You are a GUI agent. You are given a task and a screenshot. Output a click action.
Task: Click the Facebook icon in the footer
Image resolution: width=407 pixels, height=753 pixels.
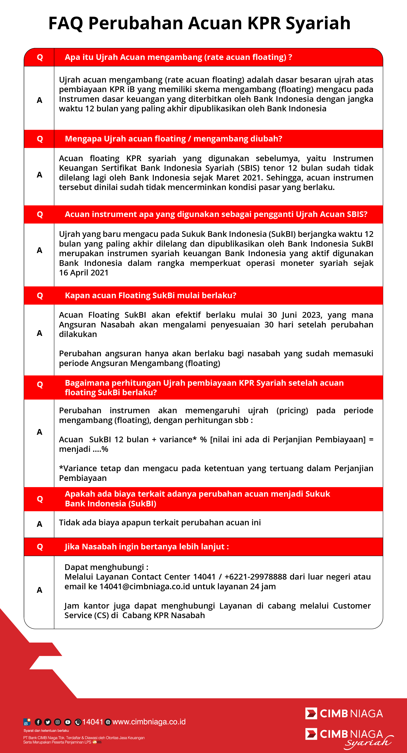click(x=38, y=722)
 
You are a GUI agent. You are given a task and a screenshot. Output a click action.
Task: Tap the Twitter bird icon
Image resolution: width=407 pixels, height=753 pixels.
click(x=48, y=722)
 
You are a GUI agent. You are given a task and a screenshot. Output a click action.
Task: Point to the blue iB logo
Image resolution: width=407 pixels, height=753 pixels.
click(x=27, y=722)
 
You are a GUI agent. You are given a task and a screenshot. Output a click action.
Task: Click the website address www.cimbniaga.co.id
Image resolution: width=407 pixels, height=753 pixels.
click(x=149, y=722)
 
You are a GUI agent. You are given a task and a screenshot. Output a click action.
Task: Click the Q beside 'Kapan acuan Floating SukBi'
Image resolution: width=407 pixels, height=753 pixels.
click(x=40, y=295)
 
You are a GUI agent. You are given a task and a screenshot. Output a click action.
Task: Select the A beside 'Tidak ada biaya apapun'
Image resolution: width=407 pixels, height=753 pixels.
click(x=39, y=524)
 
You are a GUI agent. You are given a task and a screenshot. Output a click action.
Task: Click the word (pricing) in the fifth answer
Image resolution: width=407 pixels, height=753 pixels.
click(x=292, y=410)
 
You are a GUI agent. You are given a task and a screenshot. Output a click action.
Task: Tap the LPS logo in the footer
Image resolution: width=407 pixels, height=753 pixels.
click(x=95, y=742)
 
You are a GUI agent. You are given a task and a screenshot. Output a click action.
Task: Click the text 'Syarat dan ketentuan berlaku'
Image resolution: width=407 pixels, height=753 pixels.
click(x=46, y=731)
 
